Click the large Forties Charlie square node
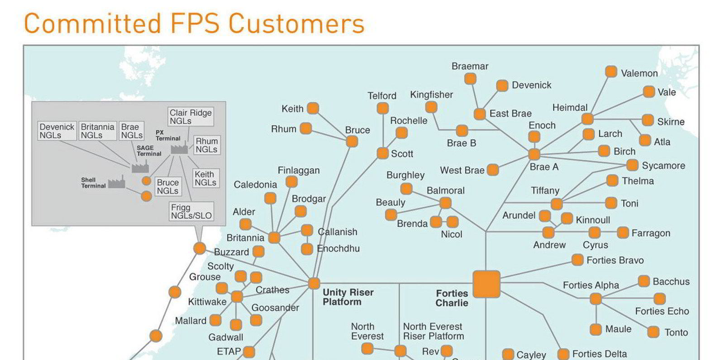click(486, 284)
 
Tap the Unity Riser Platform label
click(348, 297)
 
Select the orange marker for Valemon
click(611, 71)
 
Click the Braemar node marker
click(470, 79)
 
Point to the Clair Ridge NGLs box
click(191, 117)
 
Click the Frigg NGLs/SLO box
click(191, 211)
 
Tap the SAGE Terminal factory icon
click(140, 167)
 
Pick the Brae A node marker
click(534, 154)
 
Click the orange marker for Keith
click(313, 108)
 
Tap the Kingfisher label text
click(431, 95)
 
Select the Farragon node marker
click(623, 232)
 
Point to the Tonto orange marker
click(653, 332)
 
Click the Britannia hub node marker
click(274, 237)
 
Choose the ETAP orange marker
click(249, 351)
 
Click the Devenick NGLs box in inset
click(57, 131)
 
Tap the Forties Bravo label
click(614, 260)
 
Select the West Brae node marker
click(493, 170)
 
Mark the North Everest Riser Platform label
click(433, 331)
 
